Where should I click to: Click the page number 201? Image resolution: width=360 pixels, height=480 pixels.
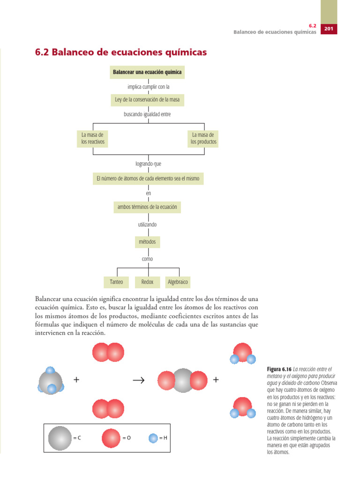328,29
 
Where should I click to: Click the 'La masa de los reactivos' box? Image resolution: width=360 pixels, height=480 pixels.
93,138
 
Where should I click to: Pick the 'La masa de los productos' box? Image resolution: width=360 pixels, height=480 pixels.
203,138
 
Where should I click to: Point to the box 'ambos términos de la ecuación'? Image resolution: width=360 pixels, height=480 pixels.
148,207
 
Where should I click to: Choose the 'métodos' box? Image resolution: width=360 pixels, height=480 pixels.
147,242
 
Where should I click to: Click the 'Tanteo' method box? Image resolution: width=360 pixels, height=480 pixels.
116,282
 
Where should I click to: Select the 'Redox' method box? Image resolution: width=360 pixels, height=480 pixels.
147,282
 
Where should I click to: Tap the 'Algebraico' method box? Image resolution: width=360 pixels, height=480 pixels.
178,282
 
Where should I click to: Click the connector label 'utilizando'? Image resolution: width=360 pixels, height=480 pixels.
147,225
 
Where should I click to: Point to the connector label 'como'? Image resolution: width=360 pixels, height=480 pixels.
147,259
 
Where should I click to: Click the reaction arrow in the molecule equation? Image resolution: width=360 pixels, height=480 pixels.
140,380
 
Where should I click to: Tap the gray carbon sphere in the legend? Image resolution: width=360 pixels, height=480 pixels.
60,438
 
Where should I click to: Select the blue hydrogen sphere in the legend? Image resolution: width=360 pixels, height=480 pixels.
153,438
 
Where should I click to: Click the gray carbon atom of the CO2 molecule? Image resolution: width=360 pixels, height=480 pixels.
182,380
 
